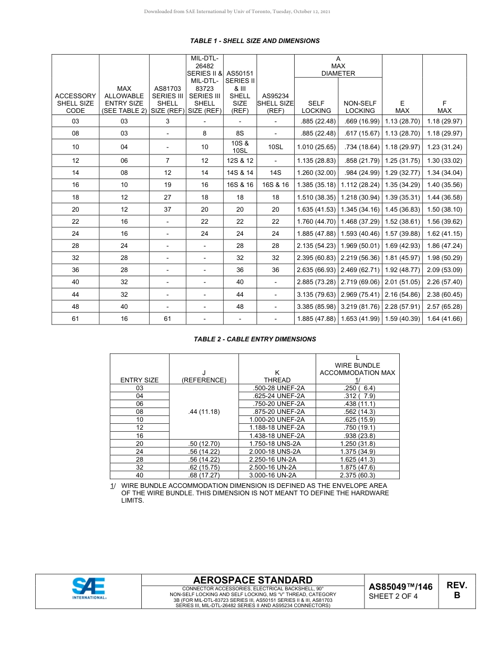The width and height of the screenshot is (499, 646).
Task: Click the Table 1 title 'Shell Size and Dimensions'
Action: tap(254, 40)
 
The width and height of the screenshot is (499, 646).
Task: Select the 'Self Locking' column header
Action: tap(316, 107)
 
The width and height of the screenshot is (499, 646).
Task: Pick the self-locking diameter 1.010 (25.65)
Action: tap(316, 147)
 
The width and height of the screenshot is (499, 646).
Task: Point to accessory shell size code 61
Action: tap(75, 318)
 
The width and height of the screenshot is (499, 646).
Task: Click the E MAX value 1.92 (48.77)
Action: tap(402, 270)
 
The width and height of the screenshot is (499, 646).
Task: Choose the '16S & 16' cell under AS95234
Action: tap(275, 185)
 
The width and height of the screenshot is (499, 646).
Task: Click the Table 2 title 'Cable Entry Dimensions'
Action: tap(255, 339)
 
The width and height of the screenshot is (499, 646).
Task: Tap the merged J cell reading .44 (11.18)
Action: tap(204, 412)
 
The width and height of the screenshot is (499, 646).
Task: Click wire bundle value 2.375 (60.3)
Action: tap(357, 475)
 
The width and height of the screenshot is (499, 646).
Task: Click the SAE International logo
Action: tap(89, 588)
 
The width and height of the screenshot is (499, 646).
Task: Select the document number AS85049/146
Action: tap(400, 587)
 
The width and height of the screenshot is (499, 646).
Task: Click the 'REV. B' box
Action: tap(456, 590)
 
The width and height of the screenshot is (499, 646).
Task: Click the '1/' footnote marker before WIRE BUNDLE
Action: tap(113, 486)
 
